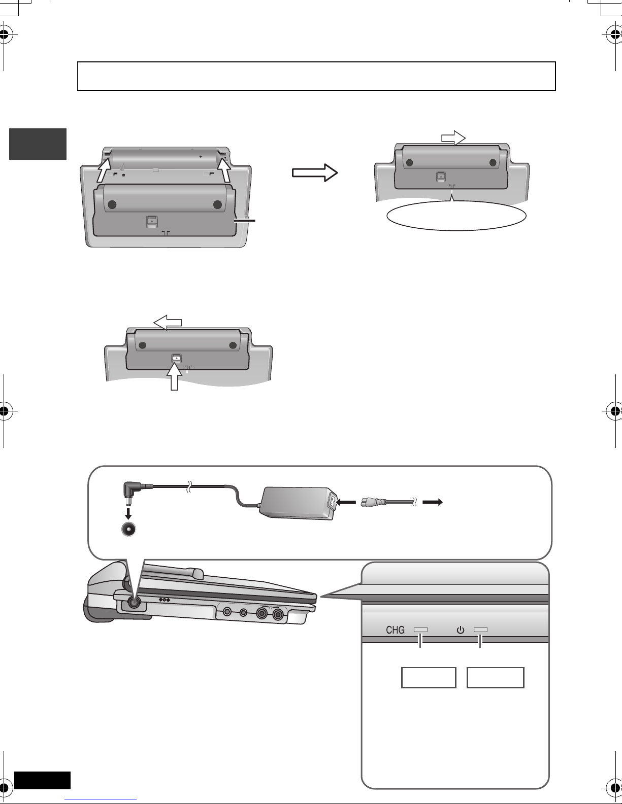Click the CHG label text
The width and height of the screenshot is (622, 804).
395,630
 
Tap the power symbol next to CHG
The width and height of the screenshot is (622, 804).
460,630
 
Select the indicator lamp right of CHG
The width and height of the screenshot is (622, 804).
421,630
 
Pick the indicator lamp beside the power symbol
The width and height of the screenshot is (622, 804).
480,630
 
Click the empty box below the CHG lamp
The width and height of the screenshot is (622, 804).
429,677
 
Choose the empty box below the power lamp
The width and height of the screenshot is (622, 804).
495,677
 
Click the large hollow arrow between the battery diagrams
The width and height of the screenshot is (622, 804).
315,173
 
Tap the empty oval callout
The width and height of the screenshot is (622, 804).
456,217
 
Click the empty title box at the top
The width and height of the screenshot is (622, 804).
316,76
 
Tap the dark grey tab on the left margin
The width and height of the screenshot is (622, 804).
38,144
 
